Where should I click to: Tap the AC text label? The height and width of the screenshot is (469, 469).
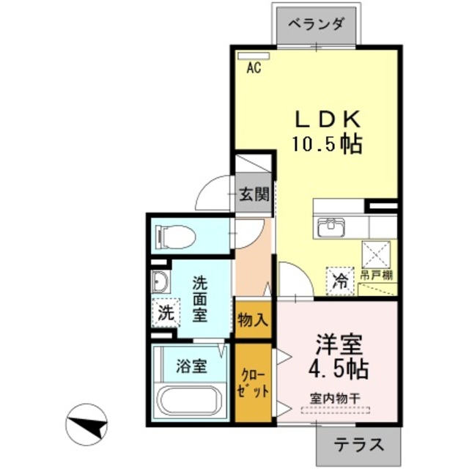tap(254, 68)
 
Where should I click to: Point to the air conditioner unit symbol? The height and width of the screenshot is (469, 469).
tap(254, 55)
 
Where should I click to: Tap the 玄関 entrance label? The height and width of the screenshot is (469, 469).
tap(253, 195)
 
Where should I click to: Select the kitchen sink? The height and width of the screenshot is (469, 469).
tap(332, 228)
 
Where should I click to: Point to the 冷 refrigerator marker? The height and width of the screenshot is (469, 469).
tap(340, 279)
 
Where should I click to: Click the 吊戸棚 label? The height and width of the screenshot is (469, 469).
tap(377, 276)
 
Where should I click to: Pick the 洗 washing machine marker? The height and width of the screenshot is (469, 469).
tap(166, 312)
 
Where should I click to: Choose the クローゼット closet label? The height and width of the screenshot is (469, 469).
tap(252, 382)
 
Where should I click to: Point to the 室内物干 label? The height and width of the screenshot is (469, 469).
tap(338, 400)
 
